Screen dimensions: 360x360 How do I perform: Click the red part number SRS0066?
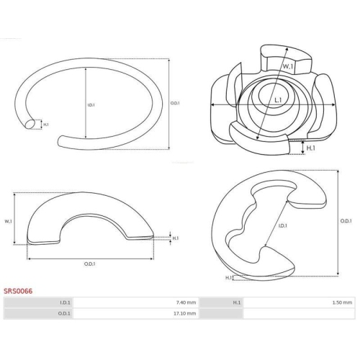point(18,291)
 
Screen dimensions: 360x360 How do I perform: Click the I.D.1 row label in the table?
point(65,302)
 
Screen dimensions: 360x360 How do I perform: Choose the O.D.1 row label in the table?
point(64,313)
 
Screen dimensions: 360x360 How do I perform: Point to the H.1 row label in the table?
point(237,302)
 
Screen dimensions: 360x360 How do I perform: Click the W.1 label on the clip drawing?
point(287,66)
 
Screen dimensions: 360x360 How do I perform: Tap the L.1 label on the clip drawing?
point(278,100)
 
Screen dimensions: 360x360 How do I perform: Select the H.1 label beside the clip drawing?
point(311,148)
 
